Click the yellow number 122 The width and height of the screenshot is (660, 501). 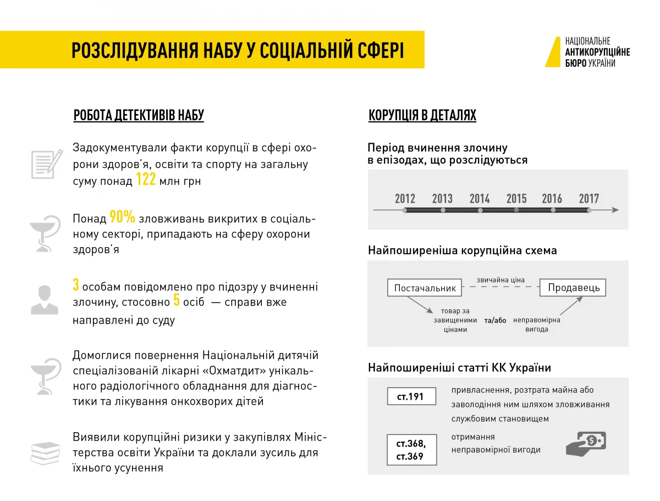tap(146, 180)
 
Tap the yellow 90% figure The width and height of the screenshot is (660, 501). tap(122, 217)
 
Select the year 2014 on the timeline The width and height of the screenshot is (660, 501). tap(480, 199)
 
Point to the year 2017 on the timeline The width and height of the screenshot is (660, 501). tap(588, 199)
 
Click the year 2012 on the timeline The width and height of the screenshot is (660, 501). tap(405, 199)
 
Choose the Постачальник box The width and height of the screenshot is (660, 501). tap(425, 288)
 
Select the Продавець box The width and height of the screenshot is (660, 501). tap(573, 288)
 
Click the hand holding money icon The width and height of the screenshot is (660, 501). tap(586, 443)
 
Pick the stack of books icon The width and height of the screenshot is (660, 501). tap(45, 453)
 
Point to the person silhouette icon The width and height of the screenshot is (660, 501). tap(44, 300)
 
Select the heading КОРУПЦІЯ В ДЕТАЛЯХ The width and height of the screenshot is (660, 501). tap(422, 116)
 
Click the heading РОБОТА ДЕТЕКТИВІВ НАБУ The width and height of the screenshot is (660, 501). tap(139, 116)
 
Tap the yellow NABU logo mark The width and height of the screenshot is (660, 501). tap(553, 52)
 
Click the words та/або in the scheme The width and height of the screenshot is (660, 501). tap(495, 320)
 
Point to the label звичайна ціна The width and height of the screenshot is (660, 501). tap(501, 280)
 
